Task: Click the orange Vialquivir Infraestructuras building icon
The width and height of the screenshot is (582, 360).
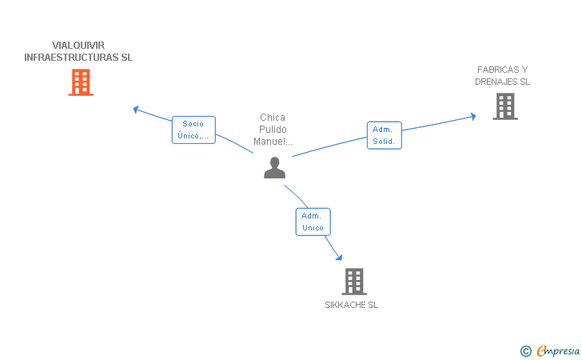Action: point(81,82)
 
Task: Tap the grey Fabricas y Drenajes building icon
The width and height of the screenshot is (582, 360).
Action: point(504,106)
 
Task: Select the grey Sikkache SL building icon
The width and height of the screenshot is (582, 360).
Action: point(353,282)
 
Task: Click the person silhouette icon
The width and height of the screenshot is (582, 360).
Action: point(274,168)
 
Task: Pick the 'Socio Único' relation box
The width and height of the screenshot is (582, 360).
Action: point(193,130)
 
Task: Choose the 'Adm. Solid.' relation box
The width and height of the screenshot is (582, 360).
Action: point(384,135)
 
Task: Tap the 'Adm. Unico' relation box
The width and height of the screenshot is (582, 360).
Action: point(313,222)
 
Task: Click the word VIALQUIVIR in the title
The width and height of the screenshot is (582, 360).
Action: point(78,46)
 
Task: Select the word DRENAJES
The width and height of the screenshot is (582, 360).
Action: point(496,82)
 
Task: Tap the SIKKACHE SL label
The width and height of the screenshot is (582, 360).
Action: point(352,305)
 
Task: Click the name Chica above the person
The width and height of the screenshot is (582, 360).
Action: point(273,118)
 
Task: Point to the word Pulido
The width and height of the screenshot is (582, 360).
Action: point(273,130)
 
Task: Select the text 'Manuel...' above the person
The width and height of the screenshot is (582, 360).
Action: point(273,142)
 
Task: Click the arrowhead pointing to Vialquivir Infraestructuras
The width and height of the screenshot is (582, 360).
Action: point(137,108)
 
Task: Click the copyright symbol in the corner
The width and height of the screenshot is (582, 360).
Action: point(525,350)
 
